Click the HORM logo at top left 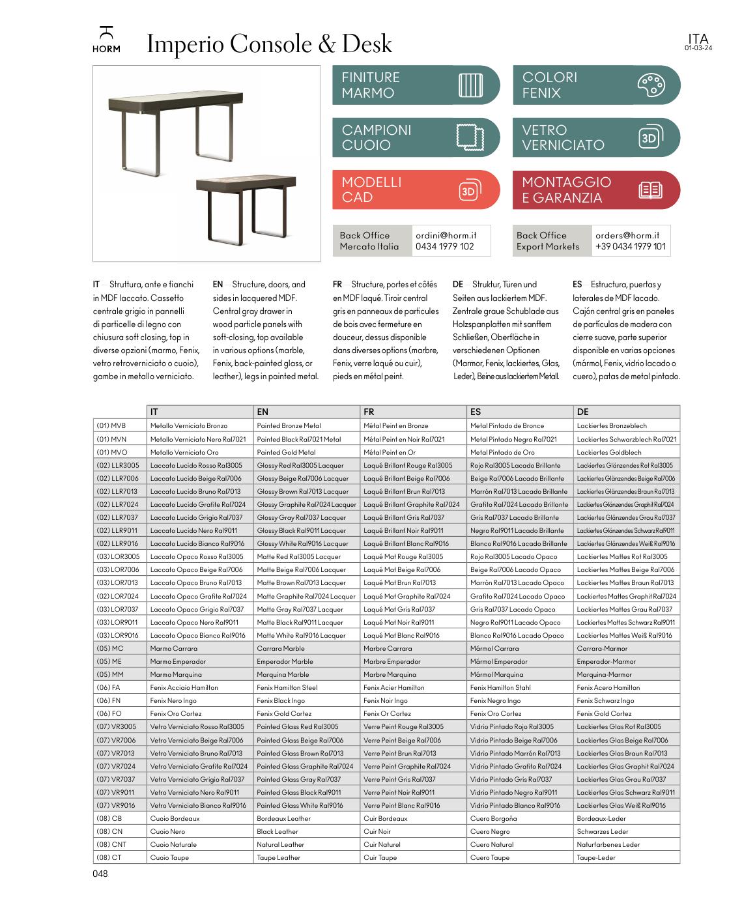pos(106,40)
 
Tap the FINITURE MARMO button pos(416,85)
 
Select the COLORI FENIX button pos(596,85)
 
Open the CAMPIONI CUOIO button pos(416,137)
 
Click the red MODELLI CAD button pos(416,190)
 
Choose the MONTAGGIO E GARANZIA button pos(596,190)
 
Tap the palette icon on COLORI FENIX pos(650,85)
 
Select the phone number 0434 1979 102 pos(444,247)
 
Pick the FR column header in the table pos(369,412)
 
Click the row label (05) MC pos(109,649)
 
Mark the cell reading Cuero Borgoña pos(493,819)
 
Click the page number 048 pos(100,874)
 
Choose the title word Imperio pos(185,44)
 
